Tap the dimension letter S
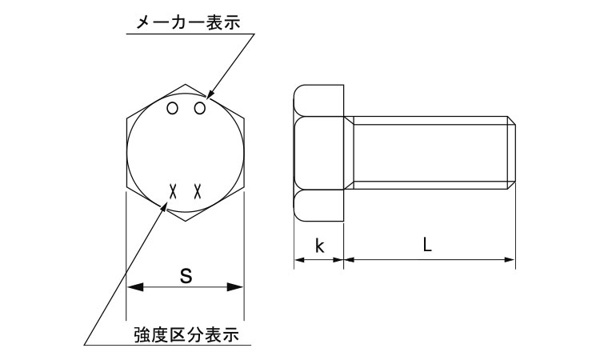coord(185,276)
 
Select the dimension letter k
coord(318,246)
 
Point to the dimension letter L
coord(428,246)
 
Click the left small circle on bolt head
coord(173,109)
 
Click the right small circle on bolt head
coord(200,109)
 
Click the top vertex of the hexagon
coord(185,83)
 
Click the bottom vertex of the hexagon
coord(185,220)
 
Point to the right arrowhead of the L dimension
coord(510,258)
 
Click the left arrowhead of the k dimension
coord(298,258)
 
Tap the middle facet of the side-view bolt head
coord(319,152)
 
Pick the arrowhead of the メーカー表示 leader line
coord(209,98)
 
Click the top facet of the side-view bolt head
coord(319,99)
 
